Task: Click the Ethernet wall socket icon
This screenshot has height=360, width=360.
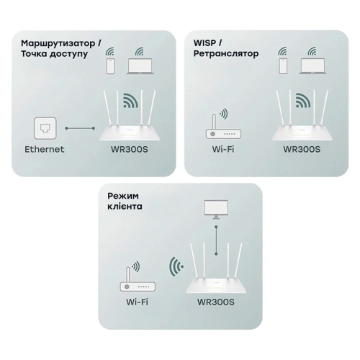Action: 45,128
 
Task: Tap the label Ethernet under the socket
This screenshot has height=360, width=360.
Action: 45,150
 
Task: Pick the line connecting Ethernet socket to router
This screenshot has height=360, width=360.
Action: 80,128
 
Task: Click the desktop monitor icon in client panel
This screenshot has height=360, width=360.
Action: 216,208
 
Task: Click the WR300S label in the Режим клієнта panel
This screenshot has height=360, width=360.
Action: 215,303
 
